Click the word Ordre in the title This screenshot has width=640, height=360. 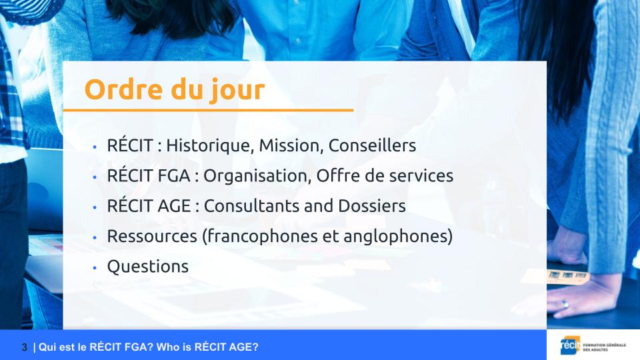[x=123, y=89]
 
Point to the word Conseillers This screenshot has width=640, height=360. [x=372, y=145]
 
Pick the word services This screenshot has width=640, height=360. [x=421, y=176]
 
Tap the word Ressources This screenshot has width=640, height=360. [x=152, y=236]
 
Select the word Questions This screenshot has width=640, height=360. [x=148, y=267]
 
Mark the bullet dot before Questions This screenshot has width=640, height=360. [x=95, y=268]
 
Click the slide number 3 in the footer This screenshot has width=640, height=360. [x=25, y=347]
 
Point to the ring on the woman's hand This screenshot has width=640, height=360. [x=565, y=305]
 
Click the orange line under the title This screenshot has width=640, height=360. [x=208, y=110]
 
